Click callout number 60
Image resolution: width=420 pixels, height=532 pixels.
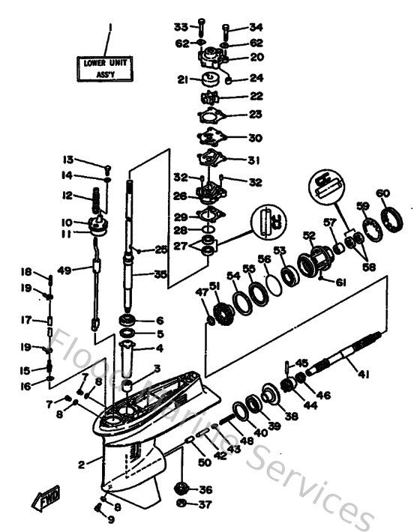(382, 193)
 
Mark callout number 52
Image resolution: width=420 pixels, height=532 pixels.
(308, 235)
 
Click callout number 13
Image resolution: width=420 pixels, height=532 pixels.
(68, 160)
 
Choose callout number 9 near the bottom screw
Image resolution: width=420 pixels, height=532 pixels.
(111, 519)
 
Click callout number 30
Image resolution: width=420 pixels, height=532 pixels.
(256, 138)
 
